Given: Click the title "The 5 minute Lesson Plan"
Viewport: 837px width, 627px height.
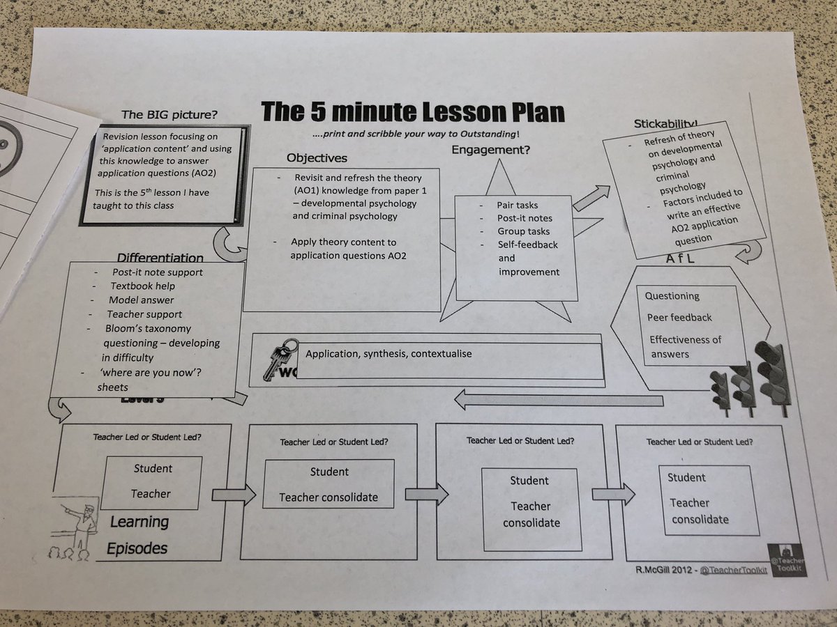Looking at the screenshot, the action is (412, 112).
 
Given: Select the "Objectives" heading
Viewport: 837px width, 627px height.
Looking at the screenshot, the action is (317, 158).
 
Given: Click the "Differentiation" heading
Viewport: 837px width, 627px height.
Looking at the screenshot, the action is (160, 258).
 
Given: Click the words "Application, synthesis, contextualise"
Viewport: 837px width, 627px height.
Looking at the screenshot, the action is (389, 354).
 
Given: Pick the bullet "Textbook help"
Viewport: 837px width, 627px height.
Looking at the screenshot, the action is (142, 286).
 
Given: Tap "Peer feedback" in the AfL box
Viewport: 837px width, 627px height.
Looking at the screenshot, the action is (679, 318).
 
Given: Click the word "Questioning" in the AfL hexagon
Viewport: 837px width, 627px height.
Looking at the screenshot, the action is (672, 296).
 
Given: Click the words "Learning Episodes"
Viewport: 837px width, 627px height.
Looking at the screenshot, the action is (138, 535).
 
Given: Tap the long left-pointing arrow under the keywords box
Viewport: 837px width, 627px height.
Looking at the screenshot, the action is (558, 399).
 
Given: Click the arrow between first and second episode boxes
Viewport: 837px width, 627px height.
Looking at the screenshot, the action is (233, 495).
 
